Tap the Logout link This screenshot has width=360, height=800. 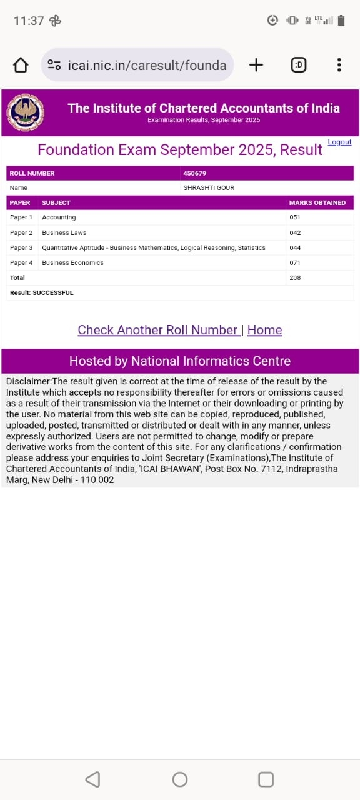(x=339, y=142)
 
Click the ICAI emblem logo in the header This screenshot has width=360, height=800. (x=26, y=112)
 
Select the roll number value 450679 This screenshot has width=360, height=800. (x=194, y=173)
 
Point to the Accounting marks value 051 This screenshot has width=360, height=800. (x=295, y=217)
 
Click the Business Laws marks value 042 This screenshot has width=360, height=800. (x=295, y=232)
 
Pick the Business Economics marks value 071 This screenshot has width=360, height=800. (x=295, y=262)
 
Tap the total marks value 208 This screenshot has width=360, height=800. (x=295, y=277)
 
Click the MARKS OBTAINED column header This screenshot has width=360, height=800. (x=317, y=202)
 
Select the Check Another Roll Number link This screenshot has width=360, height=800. (x=158, y=330)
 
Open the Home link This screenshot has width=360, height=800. (x=264, y=330)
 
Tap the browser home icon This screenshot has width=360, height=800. (x=21, y=65)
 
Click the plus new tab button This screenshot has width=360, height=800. (x=256, y=65)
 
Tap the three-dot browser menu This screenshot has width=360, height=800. (x=339, y=65)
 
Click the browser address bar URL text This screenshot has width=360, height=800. (x=147, y=65)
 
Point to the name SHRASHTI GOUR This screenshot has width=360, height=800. (x=209, y=187)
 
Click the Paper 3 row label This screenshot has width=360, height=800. (x=21, y=247)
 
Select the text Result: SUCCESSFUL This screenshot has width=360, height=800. (x=41, y=292)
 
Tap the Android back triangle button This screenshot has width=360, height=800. (x=92, y=779)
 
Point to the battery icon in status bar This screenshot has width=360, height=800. (x=341, y=21)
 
